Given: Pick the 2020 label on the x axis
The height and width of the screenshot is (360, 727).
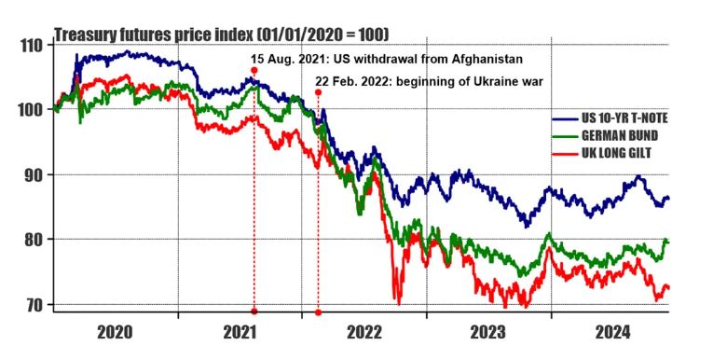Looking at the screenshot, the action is (116, 332).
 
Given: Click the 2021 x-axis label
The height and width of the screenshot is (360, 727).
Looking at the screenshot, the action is (240, 332).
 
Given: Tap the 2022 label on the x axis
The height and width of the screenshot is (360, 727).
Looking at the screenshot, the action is (363, 332).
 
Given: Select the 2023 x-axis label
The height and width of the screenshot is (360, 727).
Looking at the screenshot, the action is (488, 332).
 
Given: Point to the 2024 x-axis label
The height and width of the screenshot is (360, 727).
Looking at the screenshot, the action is (613, 332).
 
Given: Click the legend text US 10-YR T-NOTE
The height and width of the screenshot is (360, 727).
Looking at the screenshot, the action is (624, 118).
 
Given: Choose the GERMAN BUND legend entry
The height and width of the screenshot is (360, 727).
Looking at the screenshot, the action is (620, 135).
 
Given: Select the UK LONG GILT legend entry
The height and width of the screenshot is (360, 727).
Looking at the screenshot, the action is (617, 153).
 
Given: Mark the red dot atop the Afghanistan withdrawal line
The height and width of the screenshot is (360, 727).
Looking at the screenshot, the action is (254, 70).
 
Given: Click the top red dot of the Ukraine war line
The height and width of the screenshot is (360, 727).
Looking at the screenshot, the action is (318, 92).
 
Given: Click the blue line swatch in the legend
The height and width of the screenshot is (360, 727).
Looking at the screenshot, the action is (565, 119).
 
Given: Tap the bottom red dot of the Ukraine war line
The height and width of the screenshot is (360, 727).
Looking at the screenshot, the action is (318, 312).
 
